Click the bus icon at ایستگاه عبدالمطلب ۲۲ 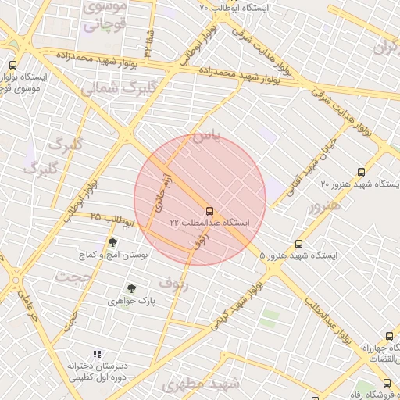pos(209,210)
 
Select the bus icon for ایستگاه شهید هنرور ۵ pos(298,244)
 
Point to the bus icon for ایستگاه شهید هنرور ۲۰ pos(361,172)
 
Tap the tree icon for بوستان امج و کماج pos(112,242)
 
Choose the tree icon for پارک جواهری pos(130,288)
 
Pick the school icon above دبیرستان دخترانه pos(97,355)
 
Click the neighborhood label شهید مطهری pos(199,384)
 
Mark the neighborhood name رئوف pos(173,280)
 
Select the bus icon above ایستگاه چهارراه pos(389,337)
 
